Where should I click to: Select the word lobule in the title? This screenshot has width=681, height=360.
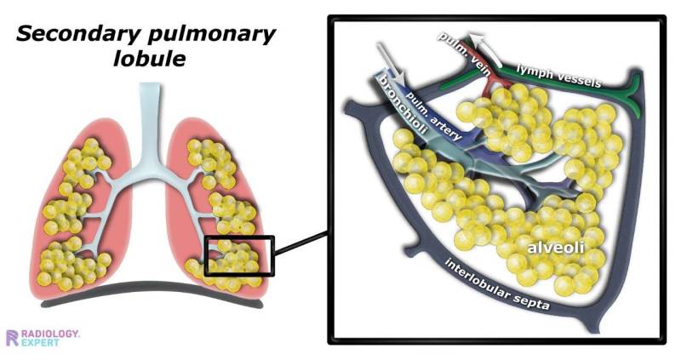coord(150,58)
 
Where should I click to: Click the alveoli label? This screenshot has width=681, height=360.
coord(556,247)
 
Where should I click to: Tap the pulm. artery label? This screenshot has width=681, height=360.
coord(433,115)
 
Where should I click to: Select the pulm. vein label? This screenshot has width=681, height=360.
coord(462,54)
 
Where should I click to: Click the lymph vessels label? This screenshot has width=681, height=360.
coord(558,75)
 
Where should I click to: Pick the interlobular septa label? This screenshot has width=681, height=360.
coord(497,284)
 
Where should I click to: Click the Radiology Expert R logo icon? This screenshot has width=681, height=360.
coord(13,338)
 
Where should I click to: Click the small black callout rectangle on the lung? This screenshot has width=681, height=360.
coord(239,256)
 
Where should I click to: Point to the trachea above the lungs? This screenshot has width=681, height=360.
coord(150,122)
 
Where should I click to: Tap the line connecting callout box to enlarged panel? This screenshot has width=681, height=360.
coord(301,243)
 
